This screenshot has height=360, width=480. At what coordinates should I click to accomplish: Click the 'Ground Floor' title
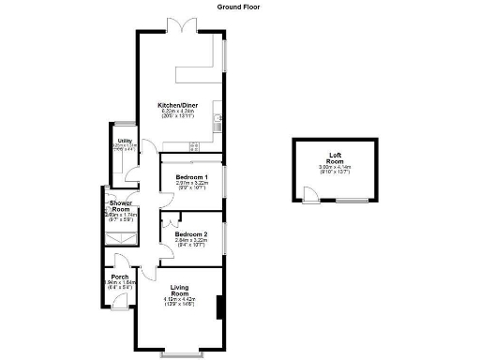click(239, 6)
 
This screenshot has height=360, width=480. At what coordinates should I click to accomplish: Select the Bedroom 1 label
click(191, 177)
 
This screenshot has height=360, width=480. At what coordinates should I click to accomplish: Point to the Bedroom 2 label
click(191, 233)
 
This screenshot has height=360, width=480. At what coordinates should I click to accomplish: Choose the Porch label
click(119, 277)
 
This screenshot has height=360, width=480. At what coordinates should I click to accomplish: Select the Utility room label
click(123, 141)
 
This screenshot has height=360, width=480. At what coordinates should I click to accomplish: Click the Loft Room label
click(335, 159)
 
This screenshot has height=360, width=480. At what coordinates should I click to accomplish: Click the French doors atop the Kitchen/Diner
click(178, 25)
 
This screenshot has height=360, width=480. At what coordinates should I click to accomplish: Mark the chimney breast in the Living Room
click(219, 307)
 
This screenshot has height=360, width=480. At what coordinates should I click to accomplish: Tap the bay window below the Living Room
click(179, 354)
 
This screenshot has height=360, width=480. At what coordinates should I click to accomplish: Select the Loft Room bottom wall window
click(352, 202)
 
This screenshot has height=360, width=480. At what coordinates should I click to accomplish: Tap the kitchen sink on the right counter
click(217, 117)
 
